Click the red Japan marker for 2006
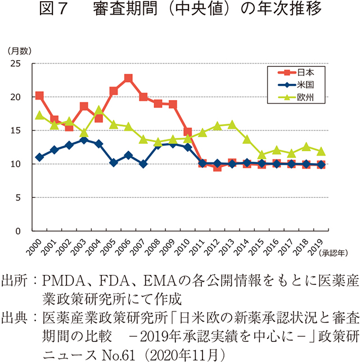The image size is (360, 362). coord(128,78)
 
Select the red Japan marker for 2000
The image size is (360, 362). coord(39,96)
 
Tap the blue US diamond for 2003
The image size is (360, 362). coord(84,139)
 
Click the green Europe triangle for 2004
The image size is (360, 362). coord(98,110)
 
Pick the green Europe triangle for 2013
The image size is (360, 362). coord(232,124)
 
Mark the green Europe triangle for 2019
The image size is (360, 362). coord(321,151)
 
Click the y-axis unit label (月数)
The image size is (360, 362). coord(19,51)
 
